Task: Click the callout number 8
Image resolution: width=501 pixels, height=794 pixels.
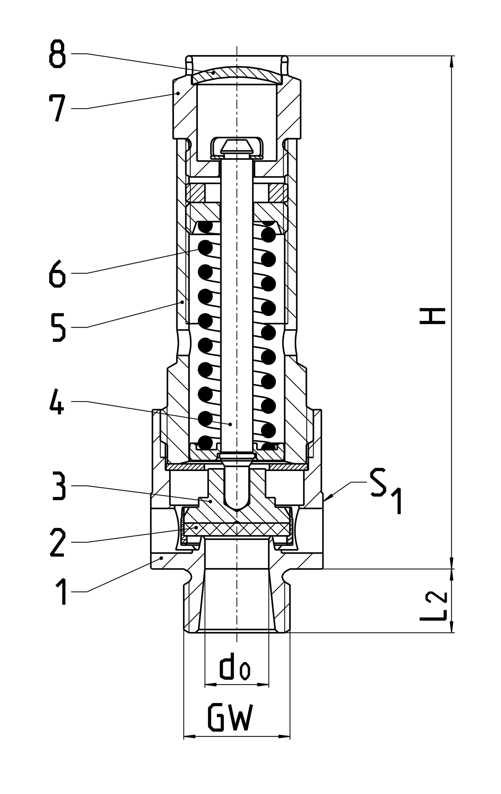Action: (x=57, y=54)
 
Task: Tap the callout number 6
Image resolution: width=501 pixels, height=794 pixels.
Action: (x=57, y=273)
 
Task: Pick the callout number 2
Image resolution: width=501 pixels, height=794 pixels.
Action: (x=57, y=542)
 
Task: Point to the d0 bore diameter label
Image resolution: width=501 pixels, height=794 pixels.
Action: (x=235, y=671)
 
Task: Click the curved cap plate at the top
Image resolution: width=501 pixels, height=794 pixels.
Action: (x=237, y=75)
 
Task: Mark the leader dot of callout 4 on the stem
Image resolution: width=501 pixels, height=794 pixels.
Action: (x=230, y=424)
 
